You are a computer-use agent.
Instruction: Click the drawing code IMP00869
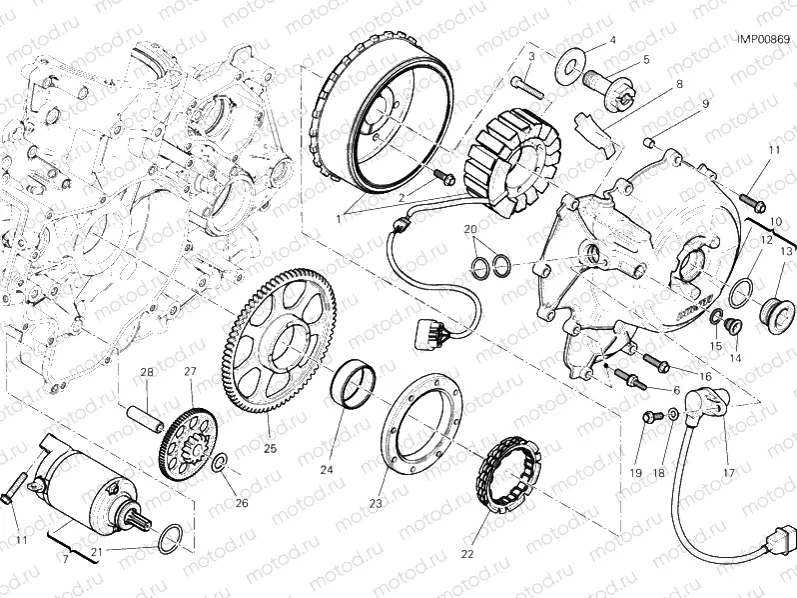click(x=763, y=39)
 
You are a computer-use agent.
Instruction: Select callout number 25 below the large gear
click(x=270, y=447)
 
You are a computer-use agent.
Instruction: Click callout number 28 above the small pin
click(x=147, y=373)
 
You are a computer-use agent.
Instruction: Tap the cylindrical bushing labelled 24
click(x=353, y=384)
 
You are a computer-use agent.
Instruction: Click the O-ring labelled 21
click(x=171, y=538)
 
